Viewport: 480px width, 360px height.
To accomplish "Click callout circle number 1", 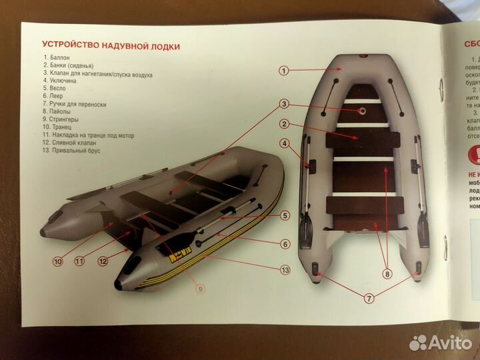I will click(283, 70).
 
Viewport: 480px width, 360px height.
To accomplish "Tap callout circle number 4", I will click(284, 143).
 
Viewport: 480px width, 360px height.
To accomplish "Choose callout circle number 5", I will click(285, 215).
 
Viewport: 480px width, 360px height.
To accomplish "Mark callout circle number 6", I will click(285, 244).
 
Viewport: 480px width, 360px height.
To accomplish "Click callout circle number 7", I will click(368, 299).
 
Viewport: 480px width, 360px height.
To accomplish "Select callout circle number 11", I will click(79, 261).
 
